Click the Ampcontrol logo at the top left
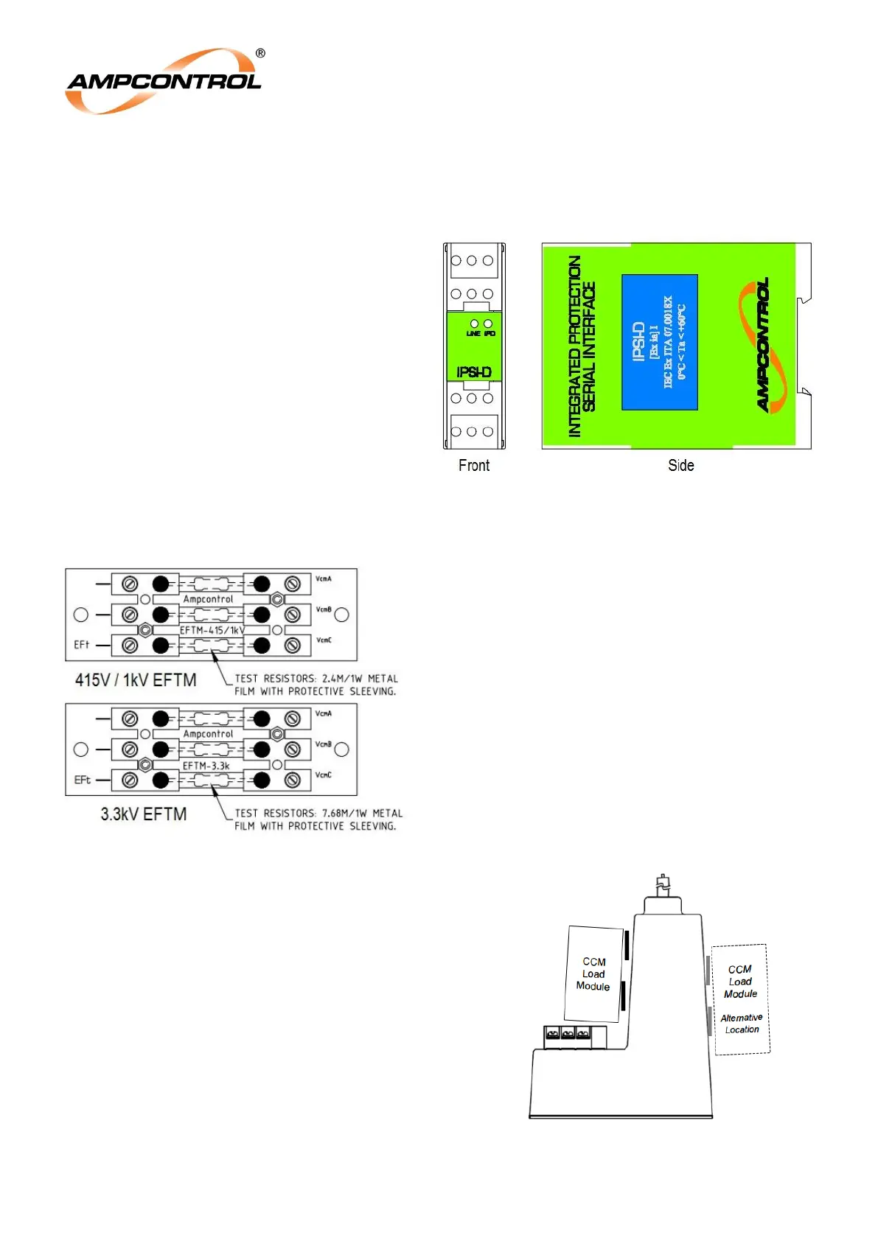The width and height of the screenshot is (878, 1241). (164, 81)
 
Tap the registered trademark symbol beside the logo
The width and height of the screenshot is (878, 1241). (260, 53)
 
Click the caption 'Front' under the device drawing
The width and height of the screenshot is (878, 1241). (473, 465)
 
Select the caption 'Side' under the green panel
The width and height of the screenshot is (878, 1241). (680, 465)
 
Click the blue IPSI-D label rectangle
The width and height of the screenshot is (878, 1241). (660, 342)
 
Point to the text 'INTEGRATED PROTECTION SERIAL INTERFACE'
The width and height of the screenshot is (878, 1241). (582, 346)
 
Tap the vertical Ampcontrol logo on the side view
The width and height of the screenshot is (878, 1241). (762, 345)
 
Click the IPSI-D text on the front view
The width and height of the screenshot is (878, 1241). (473, 372)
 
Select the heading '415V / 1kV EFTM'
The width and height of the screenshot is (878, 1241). (136, 679)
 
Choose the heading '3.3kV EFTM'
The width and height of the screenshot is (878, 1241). (144, 814)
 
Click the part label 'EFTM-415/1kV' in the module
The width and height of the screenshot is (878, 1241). (212, 630)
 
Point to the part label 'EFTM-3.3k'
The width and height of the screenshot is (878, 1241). (206, 766)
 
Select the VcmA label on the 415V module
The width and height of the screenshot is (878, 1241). (324, 578)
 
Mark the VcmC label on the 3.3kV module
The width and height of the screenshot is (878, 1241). (324, 775)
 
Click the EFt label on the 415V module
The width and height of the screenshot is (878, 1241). (81, 645)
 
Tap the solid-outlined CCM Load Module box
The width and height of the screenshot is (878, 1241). (593, 973)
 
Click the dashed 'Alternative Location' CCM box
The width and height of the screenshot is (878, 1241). (741, 999)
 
